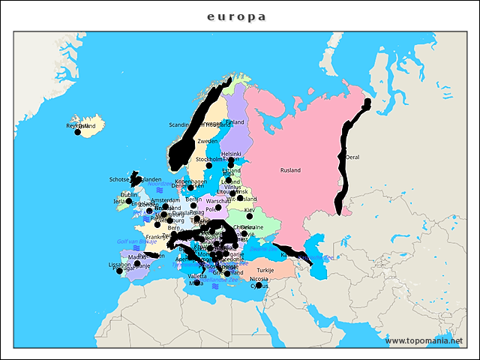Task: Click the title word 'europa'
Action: (x=237, y=16)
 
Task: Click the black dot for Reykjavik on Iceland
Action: (x=77, y=132)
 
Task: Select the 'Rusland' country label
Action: (x=290, y=170)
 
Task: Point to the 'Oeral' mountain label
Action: (x=352, y=157)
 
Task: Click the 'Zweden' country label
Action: (x=207, y=141)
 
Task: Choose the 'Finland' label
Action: (x=235, y=121)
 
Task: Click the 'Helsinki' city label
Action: (x=231, y=154)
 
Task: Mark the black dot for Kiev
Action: (x=250, y=216)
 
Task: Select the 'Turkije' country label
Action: (x=265, y=270)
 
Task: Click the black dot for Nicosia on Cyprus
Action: (x=259, y=285)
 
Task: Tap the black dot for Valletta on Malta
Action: (x=196, y=283)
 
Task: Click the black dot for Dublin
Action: (x=129, y=201)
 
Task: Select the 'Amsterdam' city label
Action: (x=165, y=200)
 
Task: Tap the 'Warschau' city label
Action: (x=219, y=201)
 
